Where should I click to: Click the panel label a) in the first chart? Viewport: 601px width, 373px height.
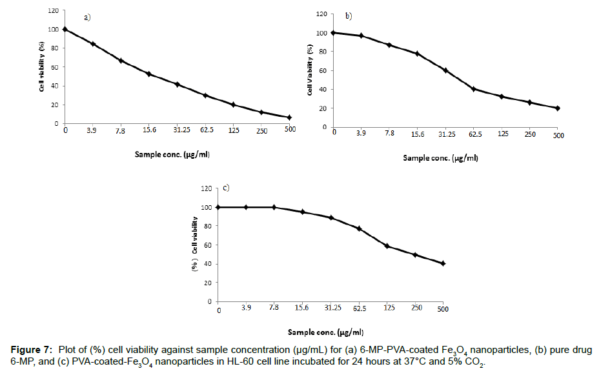pyautogui.click(x=87, y=17)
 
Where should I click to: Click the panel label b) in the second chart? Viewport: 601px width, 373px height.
pyautogui.click(x=349, y=16)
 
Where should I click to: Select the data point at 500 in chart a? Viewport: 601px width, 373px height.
pyautogui.click(x=289, y=117)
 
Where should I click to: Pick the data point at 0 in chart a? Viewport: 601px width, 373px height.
pyautogui.click(x=65, y=29)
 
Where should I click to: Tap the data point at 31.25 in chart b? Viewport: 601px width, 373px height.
pyautogui.click(x=445, y=70)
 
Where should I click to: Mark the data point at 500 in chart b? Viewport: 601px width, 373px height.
pyautogui.click(x=557, y=108)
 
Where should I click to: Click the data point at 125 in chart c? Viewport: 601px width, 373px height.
pyautogui.click(x=387, y=246)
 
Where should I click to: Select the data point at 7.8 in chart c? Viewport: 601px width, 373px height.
pyautogui.click(x=274, y=207)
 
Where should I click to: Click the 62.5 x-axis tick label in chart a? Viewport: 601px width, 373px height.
pyautogui.click(x=205, y=130)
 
